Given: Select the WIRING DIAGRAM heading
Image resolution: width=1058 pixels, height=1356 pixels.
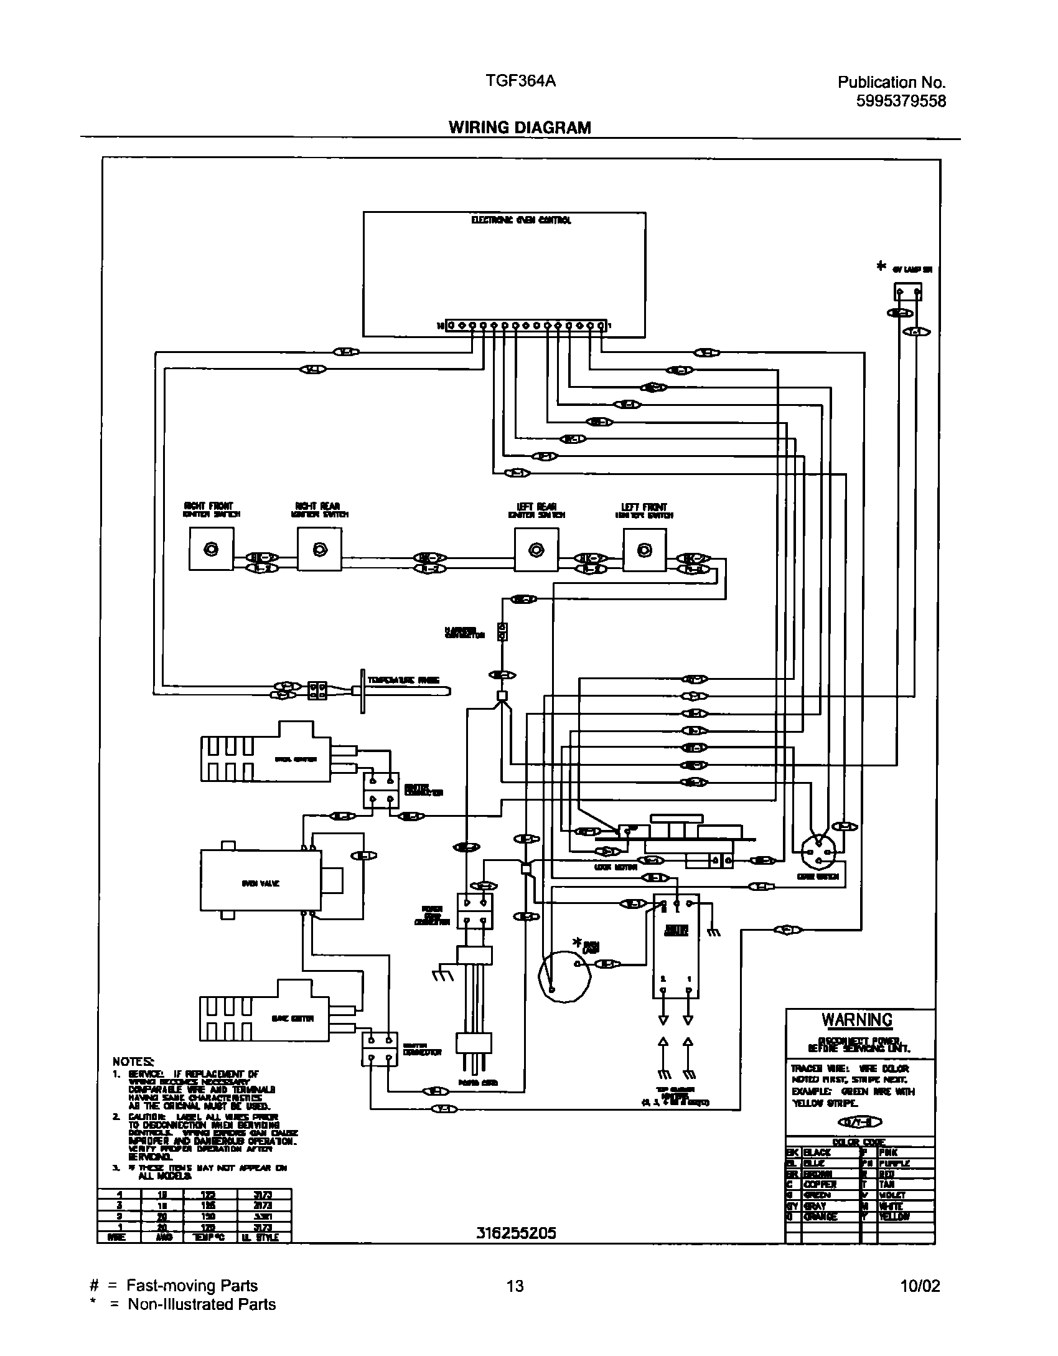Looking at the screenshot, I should point(520,128).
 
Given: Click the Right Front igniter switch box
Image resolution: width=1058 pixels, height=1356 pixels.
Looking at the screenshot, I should point(212,549).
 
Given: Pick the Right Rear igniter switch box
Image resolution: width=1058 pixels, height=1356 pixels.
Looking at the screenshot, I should point(319,549).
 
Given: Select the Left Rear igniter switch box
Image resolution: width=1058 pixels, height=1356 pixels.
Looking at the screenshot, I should point(536,549).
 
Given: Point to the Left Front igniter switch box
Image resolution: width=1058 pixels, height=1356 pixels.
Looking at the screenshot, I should point(645,549).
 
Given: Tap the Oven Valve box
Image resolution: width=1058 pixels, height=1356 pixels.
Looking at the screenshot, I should point(261,883).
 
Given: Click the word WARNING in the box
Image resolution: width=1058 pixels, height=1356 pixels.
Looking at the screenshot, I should point(857,1020).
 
